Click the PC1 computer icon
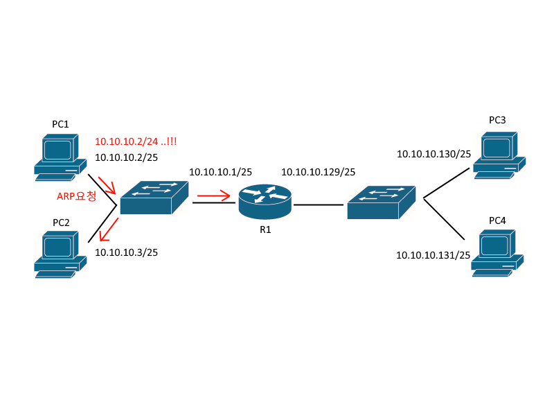(x=60, y=158)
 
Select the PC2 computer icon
(x=60, y=256)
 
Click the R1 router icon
(x=265, y=200)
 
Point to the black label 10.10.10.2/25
(x=126, y=157)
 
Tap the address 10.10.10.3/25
(x=126, y=252)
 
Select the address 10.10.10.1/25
(x=220, y=171)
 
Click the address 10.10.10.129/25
(x=318, y=172)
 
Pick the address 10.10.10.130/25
(x=434, y=154)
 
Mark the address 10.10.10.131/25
(x=433, y=255)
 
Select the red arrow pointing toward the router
(x=214, y=198)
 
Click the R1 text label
(x=265, y=229)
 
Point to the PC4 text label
(x=497, y=220)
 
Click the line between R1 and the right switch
(x=318, y=205)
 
